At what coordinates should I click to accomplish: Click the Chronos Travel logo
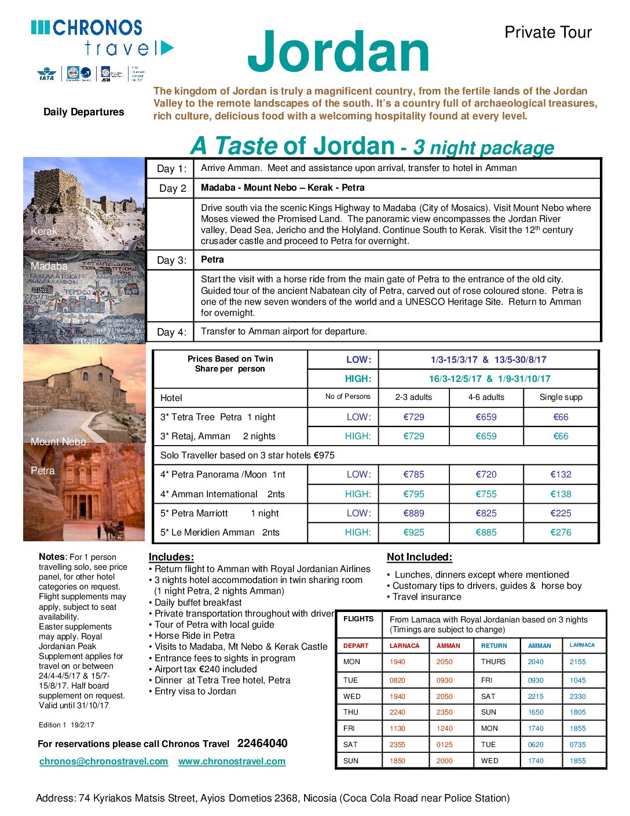click(x=101, y=38)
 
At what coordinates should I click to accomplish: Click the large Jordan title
click(x=339, y=52)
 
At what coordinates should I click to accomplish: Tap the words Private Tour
click(x=548, y=32)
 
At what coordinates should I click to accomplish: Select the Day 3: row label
click(x=172, y=260)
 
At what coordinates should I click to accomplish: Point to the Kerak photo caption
click(x=44, y=231)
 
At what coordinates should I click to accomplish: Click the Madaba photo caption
click(x=49, y=266)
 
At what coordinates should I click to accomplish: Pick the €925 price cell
click(x=413, y=532)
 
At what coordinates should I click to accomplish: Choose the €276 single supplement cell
click(x=561, y=532)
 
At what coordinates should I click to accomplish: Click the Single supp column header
click(x=561, y=397)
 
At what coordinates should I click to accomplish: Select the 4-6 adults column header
click(x=486, y=397)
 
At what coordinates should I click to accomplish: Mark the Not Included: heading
click(x=419, y=557)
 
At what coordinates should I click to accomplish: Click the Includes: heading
click(x=171, y=557)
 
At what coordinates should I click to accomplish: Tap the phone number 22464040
click(x=262, y=744)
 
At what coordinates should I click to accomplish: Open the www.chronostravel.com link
click(x=232, y=761)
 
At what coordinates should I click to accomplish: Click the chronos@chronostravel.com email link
click(x=104, y=761)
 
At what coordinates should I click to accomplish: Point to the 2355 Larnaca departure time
click(x=397, y=745)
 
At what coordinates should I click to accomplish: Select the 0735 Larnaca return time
click(x=577, y=745)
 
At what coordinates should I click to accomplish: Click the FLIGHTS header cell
click(x=358, y=619)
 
